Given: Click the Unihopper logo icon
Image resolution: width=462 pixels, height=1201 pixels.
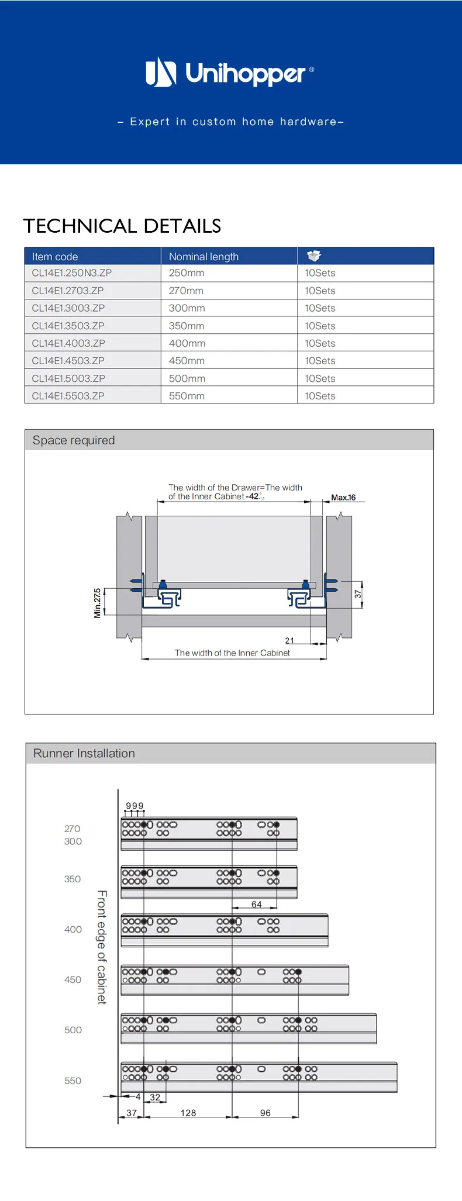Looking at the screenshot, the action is pos(161,71).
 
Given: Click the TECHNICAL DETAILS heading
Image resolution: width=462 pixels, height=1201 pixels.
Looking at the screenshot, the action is pos(122,226).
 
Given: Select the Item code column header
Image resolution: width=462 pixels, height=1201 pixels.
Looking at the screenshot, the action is pos(55,257).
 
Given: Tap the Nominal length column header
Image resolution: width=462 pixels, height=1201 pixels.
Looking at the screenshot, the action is pos(204,257).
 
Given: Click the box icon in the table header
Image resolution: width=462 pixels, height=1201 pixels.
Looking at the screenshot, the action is pos(314,256).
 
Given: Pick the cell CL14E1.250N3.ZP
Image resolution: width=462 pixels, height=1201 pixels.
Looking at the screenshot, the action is pos(72,273).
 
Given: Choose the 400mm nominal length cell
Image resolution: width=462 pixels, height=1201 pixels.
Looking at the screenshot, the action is pos(187,343).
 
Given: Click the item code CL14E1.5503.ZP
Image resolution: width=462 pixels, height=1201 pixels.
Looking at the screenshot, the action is pos(68,396).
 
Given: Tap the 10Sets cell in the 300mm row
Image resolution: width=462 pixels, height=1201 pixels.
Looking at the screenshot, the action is pos(320,308).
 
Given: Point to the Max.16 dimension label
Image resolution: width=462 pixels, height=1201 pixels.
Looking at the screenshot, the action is pos(343,498).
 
